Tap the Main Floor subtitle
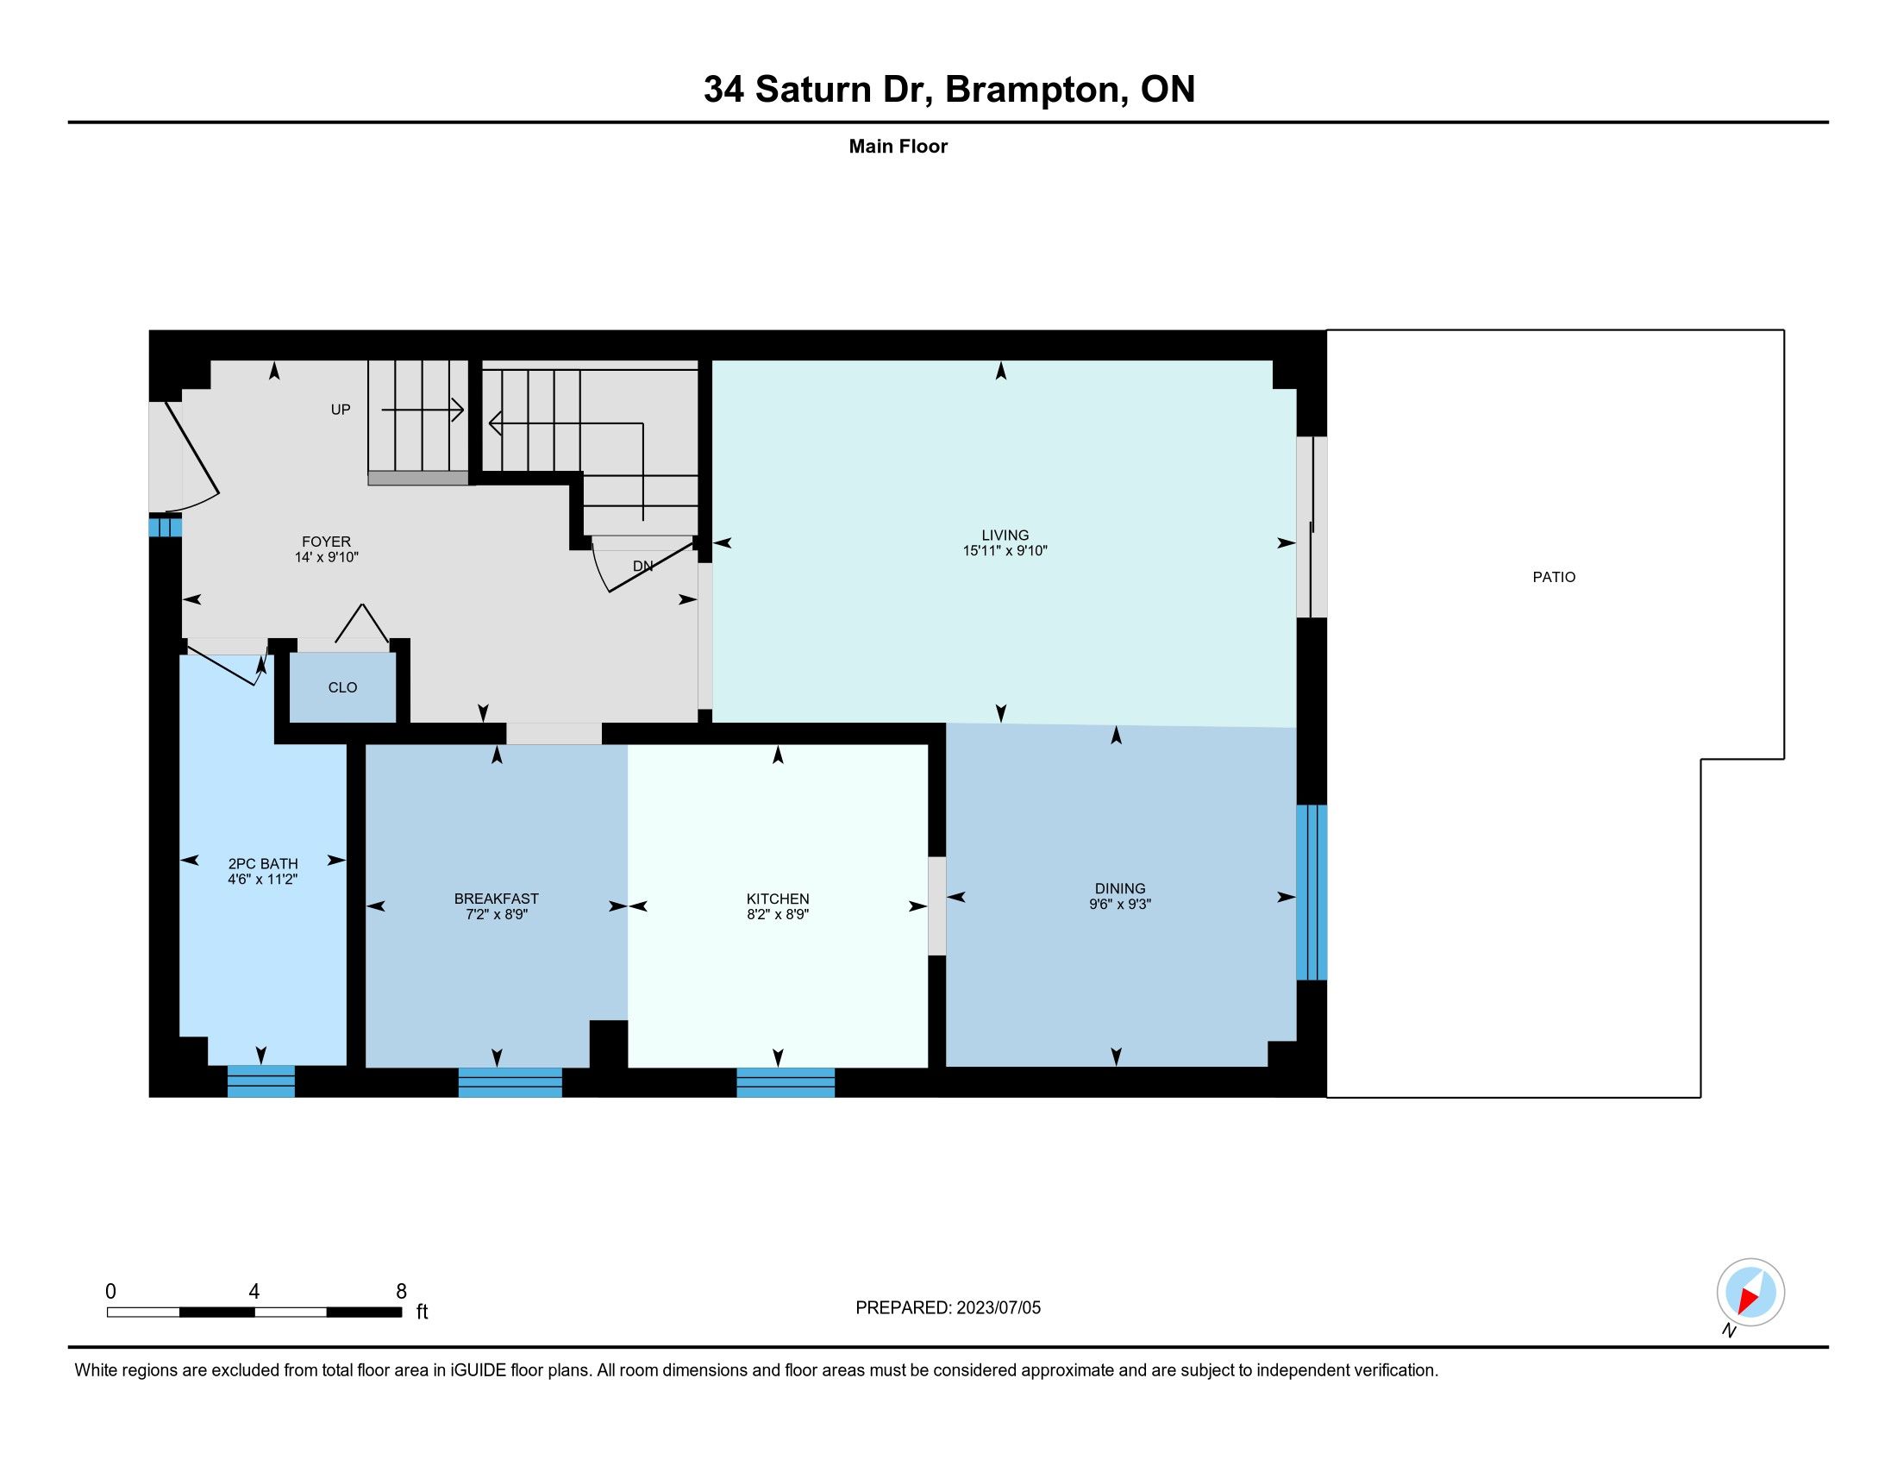point(898,146)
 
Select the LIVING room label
point(1005,535)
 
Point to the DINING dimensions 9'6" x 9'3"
point(1119,904)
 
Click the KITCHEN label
point(778,899)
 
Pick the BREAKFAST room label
point(496,899)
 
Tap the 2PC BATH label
point(262,863)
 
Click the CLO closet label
point(342,687)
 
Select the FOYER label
point(326,541)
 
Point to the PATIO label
point(1554,577)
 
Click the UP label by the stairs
point(341,409)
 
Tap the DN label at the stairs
point(642,567)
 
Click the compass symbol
point(1750,1293)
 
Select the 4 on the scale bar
point(254,1292)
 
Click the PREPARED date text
point(948,1308)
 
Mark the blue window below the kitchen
point(786,1082)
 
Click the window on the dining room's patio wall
point(1312,892)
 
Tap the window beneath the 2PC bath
point(260,1081)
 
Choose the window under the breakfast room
point(510,1082)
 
